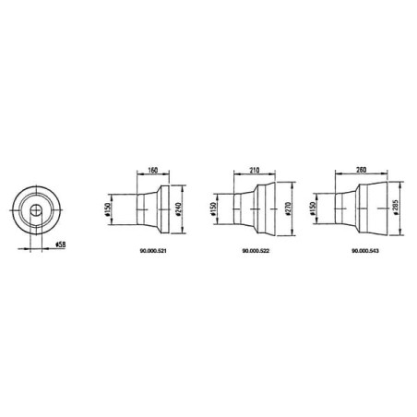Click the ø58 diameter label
pyautogui.click(x=61, y=244)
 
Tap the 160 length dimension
pyautogui.click(x=153, y=170)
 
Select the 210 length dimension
pyautogui.click(x=255, y=170)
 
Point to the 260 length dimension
pyautogui.click(x=361, y=170)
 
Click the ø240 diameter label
pyautogui.click(x=178, y=209)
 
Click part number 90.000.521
pyautogui.click(x=153, y=251)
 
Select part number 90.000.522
pyautogui.click(x=256, y=251)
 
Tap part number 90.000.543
pyautogui.click(x=365, y=251)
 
